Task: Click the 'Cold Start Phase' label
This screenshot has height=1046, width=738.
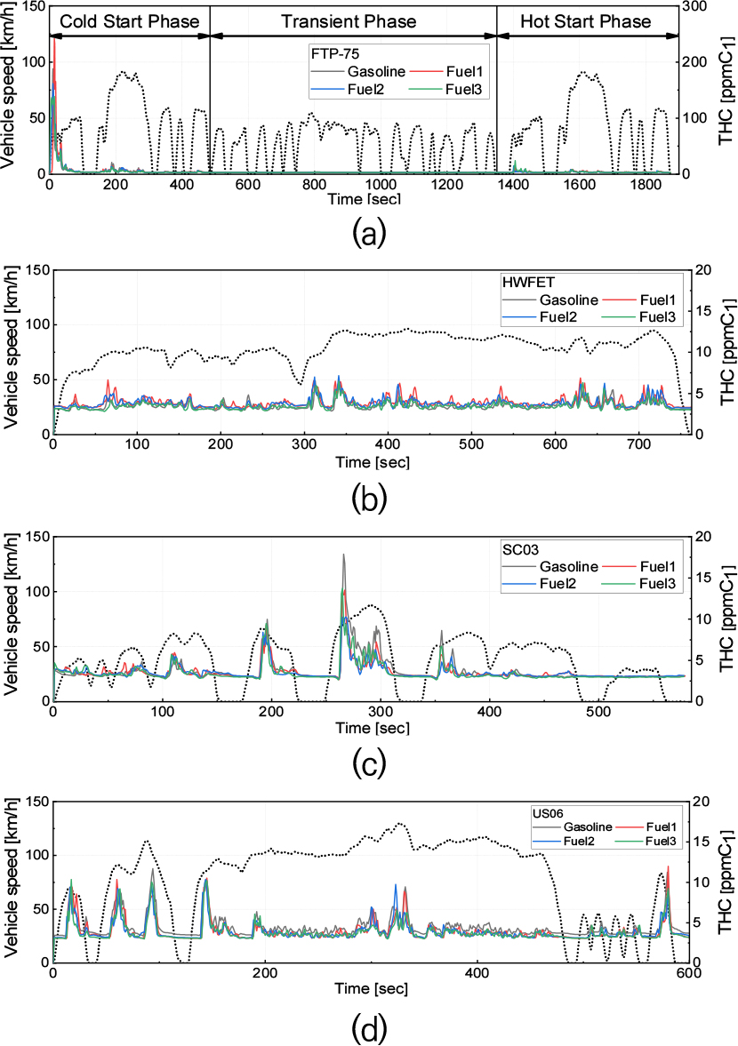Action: [x=130, y=20]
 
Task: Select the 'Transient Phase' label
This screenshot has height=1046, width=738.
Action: [x=353, y=20]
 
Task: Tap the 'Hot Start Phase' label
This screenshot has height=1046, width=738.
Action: [x=586, y=20]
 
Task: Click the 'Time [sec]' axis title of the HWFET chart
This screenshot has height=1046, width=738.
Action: [x=371, y=462]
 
